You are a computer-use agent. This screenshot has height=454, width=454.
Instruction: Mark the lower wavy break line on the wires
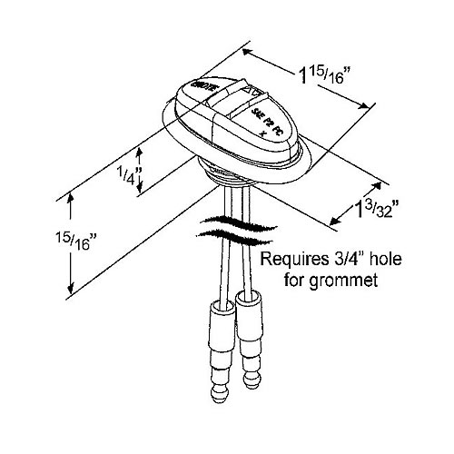click(227, 235)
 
